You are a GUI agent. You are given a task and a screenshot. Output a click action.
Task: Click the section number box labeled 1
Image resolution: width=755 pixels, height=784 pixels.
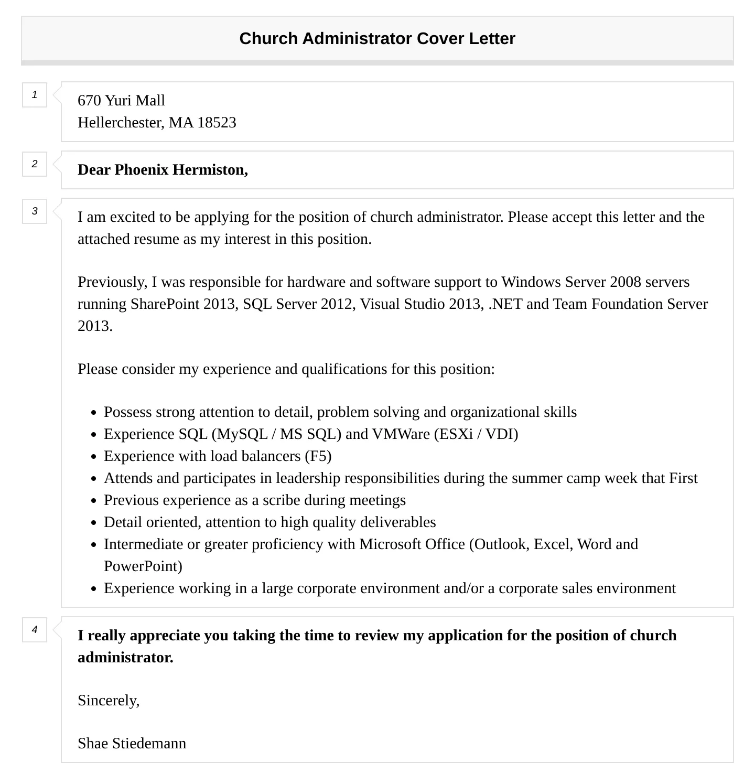pos(35,95)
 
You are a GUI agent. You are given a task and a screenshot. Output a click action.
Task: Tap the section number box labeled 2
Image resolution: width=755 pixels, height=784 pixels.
pos(35,164)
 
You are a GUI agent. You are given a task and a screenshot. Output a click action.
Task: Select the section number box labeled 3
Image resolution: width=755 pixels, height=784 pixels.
pos(35,211)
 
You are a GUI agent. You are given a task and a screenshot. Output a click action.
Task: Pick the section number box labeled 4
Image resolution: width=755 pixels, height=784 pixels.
pos(35,630)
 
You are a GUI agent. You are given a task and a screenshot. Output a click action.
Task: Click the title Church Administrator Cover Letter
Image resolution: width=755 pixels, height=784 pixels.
pos(377,39)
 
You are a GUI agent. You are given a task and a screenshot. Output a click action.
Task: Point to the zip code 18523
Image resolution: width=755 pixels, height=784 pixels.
pos(217,123)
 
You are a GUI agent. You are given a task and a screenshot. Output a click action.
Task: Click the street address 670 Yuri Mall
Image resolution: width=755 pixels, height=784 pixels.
pos(121,101)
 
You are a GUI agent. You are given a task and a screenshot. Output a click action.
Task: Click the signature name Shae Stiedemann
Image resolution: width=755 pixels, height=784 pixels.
pos(132,744)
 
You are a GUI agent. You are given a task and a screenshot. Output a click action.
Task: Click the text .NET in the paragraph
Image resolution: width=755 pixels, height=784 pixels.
pos(505,304)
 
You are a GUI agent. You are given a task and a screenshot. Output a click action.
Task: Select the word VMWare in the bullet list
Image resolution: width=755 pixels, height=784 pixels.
pos(401,434)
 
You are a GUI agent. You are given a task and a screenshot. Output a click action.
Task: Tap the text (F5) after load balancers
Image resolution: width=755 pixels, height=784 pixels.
pos(318,456)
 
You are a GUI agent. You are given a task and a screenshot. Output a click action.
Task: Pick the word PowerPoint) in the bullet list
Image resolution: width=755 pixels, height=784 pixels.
pos(143,566)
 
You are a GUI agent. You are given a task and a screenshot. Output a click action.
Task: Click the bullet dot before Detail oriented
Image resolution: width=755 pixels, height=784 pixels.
pos(93,523)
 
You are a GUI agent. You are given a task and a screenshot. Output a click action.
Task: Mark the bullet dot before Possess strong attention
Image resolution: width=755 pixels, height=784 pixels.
pos(93,413)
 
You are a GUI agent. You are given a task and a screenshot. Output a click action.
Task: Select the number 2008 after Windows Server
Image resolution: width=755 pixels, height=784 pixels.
pos(625,282)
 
